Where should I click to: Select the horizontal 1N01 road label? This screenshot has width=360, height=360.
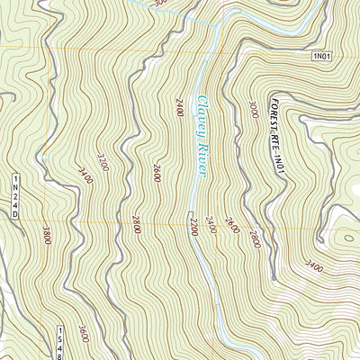click(x=324, y=57)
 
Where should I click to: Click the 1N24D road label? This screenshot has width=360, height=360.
click(x=15, y=193)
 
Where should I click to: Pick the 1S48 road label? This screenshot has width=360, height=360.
click(x=60, y=343)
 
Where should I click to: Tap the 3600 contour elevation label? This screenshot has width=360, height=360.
click(x=83, y=332)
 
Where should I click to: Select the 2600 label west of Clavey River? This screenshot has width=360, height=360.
click(x=157, y=173)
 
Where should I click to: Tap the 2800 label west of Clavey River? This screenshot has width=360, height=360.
click(x=136, y=224)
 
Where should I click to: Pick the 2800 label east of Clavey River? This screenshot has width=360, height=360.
click(x=256, y=239)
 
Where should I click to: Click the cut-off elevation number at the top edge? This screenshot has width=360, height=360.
click(x=159, y=4)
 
